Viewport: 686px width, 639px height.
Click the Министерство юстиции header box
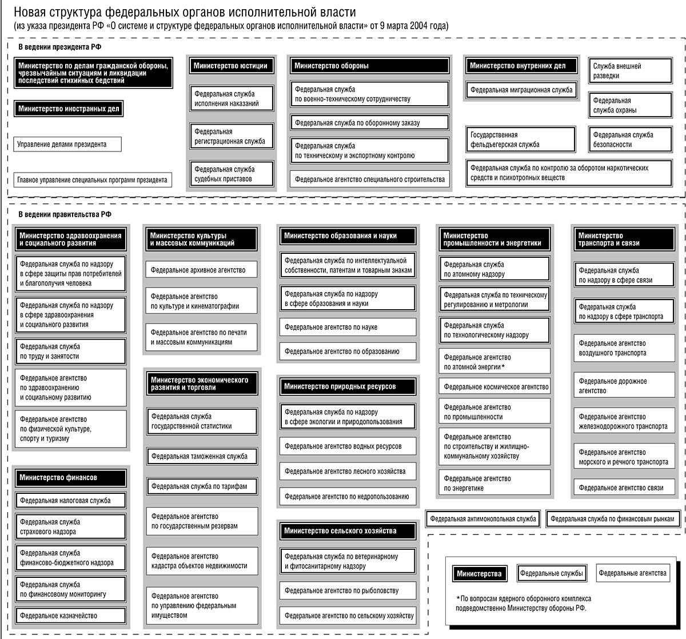pos(230,66)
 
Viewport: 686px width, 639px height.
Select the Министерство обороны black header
pos(369,66)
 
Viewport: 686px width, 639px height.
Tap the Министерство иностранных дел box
pos(69,108)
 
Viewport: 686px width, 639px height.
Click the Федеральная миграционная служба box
pos(520,90)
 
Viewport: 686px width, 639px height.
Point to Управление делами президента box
pos(67,145)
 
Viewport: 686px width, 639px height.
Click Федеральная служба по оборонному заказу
pos(369,122)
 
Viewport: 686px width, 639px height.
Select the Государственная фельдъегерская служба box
pos(520,139)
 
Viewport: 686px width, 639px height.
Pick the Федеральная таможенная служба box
pos(202,456)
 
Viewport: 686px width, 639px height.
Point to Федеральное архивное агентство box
pos(202,270)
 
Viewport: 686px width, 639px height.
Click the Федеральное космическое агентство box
pos(495,387)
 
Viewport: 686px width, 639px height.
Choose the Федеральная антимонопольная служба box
pos(483,519)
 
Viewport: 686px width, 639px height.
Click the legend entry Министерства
pos(479,574)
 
